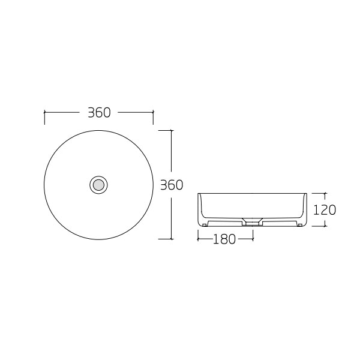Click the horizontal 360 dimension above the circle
99,112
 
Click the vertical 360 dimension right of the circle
172,185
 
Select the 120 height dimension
325,210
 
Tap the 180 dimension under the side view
224,239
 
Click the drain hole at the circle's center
98,184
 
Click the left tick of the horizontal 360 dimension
44,116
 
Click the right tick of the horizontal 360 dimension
154,116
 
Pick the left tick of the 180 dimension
198,238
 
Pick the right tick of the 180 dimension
253,238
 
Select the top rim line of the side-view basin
252,194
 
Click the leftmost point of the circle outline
44,184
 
